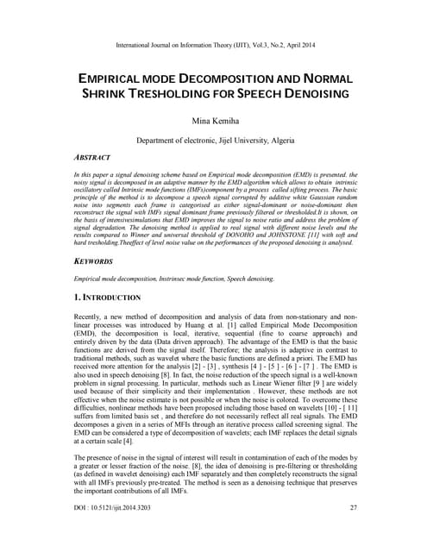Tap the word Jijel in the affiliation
223,140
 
